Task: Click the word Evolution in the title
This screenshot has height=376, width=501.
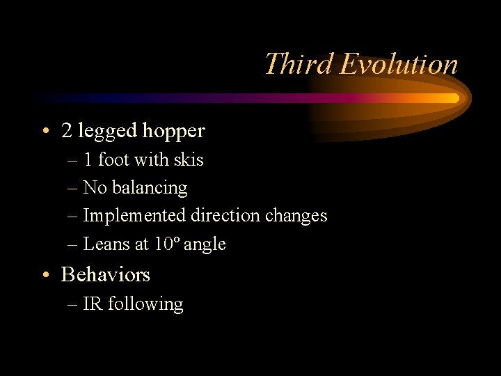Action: pyautogui.click(x=399, y=64)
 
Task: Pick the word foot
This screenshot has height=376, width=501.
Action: pyautogui.click(x=114, y=159)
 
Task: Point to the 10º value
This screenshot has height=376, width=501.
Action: pyautogui.click(x=168, y=244)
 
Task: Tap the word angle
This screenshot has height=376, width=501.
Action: pyautogui.click(x=205, y=244)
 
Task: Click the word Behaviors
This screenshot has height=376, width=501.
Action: pyautogui.click(x=105, y=274)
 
